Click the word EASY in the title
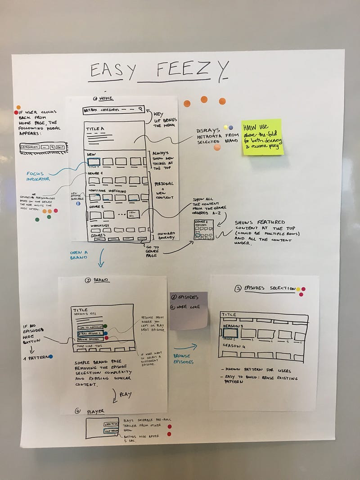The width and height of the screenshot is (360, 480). pyautogui.click(x=107, y=71)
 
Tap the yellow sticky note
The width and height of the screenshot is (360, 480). pyautogui.click(x=262, y=137)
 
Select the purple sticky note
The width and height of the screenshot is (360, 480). pyautogui.click(x=189, y=310)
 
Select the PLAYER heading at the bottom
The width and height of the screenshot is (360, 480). pyautogui.click(x=95, y=410)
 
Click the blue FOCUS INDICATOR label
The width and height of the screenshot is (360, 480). pyautogui.click(x=38, y=176)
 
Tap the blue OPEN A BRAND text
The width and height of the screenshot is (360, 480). pyautogui.click(x=78, y=255)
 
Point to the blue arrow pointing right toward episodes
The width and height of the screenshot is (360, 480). pyautogui.click(x=186, y=346)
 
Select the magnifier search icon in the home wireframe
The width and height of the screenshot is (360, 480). pyautogui.click(x=140, y=109)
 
